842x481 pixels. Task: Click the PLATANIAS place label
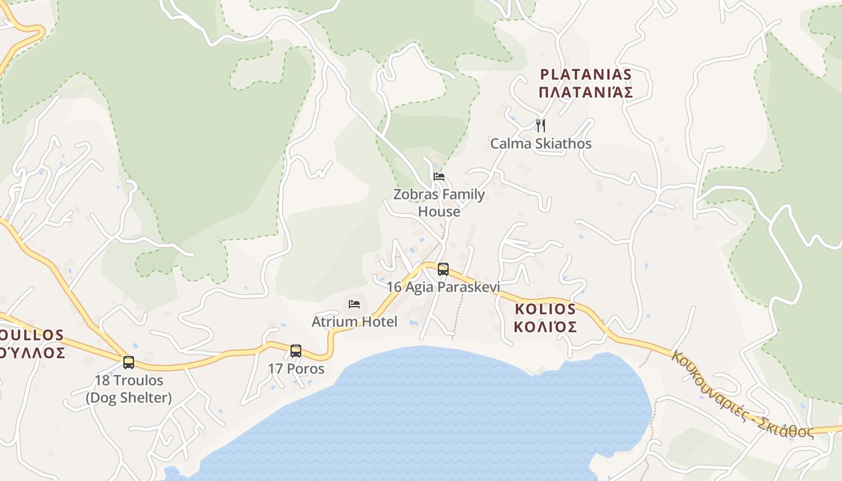pyautogui.click(x=586, y=75)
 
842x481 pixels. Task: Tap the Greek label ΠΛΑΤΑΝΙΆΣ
pyautogui.click(x=586, y=93)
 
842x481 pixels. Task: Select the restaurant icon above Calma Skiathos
pyautogui.click(x=541, y=125)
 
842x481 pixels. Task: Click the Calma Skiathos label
pyautogui.click(x=541, y=144)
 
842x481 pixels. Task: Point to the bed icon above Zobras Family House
pyautogui.click(x=439, y=176)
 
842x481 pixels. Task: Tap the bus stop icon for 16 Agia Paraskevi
pyautogui.click(x=443, y=269)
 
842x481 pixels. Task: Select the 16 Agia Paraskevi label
pyautogui.click(x=443, y=287)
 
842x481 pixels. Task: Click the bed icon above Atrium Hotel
pyautogui.click(x=354, y=304)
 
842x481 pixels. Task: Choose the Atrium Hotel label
pyautogui.click(x=354, y=322)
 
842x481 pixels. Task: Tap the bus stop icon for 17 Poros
pyautogui.click(x=295, y=351)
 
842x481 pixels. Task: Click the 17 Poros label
pyautogui.click(x=296, y=369)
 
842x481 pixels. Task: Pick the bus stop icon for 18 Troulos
pyautogui.click(x=129, y=362)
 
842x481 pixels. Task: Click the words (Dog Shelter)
pyautogui.click(x=129, y=397)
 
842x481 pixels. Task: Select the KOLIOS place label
pyautogui.click(x=545, y=309)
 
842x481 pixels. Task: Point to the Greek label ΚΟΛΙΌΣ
pyautogui.click(x=545, y=326)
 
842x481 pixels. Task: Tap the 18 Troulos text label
pyautogui.click(x=129, y=381)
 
